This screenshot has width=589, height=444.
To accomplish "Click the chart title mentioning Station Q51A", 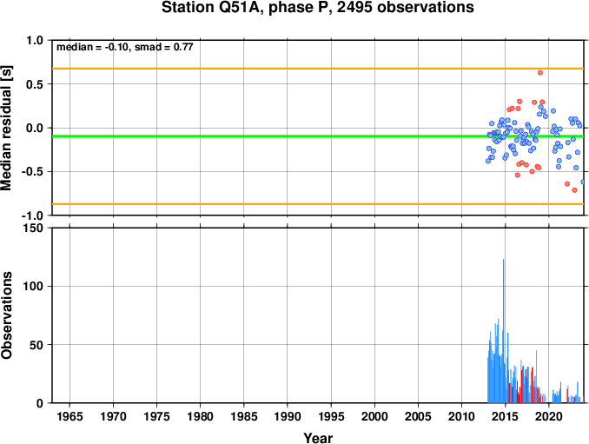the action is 317,7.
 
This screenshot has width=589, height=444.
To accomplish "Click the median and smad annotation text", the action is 125,47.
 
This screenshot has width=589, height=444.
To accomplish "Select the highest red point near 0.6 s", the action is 540,72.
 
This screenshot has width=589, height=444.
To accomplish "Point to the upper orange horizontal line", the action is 318,69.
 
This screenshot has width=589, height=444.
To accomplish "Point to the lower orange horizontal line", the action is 318,204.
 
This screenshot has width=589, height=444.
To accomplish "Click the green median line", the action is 318,136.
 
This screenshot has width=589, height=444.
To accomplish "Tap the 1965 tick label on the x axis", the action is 69,416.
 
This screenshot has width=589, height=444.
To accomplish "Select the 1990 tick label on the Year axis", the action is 288,416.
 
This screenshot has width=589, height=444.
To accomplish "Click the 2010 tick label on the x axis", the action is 461,416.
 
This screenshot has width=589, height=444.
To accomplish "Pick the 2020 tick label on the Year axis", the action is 549,416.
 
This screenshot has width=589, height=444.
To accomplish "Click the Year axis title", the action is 318,438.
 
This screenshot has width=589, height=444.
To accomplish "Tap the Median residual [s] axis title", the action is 6,128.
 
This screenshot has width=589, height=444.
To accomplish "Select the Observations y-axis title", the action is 6,315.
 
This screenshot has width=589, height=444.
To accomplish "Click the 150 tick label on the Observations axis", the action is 34,228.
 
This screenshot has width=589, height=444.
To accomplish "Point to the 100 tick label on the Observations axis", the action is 34,286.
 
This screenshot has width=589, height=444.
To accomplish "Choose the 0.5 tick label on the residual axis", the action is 35,84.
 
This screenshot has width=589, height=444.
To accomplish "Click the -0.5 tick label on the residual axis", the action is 32,172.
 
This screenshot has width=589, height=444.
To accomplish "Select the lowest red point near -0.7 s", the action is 574,190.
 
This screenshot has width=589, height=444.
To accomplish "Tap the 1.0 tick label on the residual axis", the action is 35,40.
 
